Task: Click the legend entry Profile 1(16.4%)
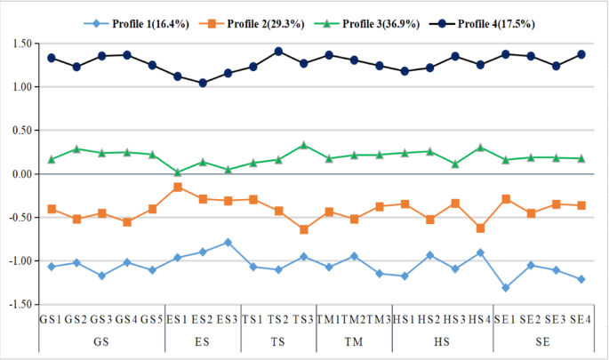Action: pyautogui.click(x=138, y=21)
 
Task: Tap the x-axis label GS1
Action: pyautogui.click(x=51, y=318)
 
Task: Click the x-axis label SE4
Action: pyautogui.click(x=581, y=318)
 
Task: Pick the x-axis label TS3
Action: pyautogui.click(x=303, y=318)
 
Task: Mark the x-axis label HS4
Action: pyautogui.click(x=480, y=318)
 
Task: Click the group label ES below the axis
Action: pyautogui.click(x=203, y=340)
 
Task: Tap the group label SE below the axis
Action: pyautogui.click(x=543, y=340)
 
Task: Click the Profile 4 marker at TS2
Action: pyautogui.click(x=278, y=52)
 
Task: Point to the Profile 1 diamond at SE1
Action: pyautogui.click(x=506, y=287)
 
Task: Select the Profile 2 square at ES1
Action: pyautogui.click(x=178, y=187)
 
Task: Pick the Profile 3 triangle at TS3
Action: pyautogui.click(x=303, y=145)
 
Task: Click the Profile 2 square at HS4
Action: pyautogui.click(x=480, y=228)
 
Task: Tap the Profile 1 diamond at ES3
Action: pyautogui.click(x=228, y=242)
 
